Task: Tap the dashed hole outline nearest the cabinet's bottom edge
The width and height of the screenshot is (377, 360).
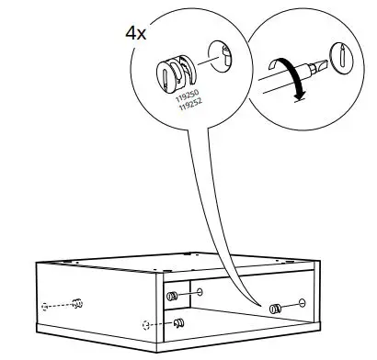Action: [x=145, y=324]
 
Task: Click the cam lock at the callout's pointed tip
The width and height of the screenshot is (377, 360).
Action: [x=275, y=309]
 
